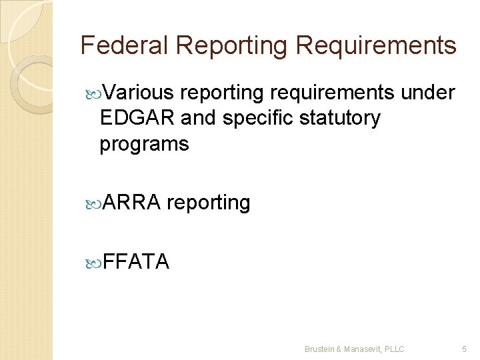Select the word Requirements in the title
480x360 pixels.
point(376,45)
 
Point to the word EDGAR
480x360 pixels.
point(137,118)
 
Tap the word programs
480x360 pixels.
point(144,143)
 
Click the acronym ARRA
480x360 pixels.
point(132,202)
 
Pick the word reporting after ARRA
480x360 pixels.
point(209,203)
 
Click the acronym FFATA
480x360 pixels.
point(136,261)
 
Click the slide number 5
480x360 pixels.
point(465,349)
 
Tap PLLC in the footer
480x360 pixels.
point(394,349)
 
